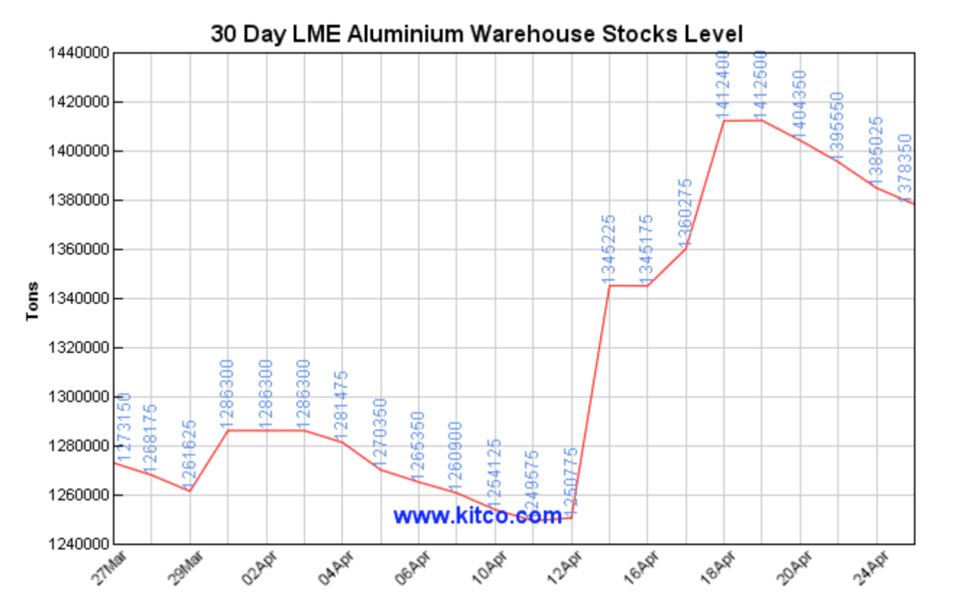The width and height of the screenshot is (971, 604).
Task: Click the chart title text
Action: (477, 33)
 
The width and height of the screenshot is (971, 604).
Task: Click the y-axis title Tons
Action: (33, 298)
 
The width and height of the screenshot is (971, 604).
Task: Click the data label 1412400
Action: (725, 84)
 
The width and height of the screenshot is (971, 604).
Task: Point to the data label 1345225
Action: (610, 248)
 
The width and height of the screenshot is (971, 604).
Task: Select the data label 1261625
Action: (189, 454)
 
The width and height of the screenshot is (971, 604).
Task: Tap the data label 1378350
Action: (907, 168)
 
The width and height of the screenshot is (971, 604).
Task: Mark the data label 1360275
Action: (685, 211)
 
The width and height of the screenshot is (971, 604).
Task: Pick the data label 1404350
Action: (800, 104)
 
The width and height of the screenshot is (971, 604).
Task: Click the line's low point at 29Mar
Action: (189, 491)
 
